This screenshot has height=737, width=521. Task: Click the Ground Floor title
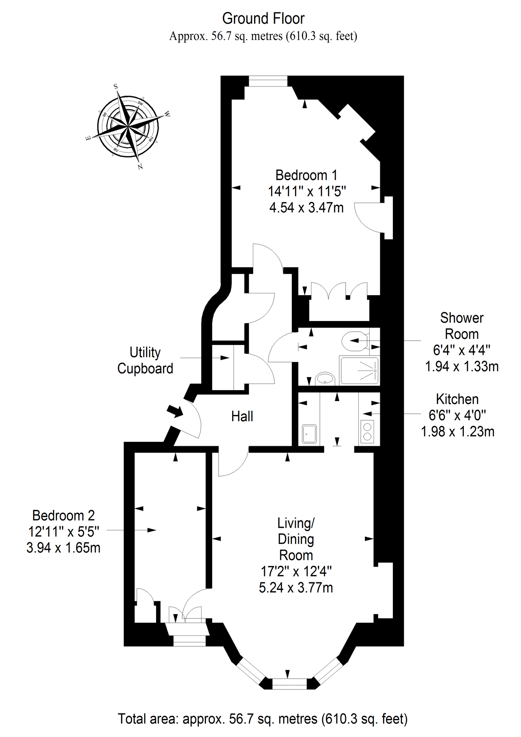(263, 18)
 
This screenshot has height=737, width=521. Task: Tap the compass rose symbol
(128, 127)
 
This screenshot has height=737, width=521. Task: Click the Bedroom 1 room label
(306, 175)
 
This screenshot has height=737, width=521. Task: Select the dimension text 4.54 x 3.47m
(306, 207)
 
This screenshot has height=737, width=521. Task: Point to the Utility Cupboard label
(145, 361)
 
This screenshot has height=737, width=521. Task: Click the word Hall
(242, 416)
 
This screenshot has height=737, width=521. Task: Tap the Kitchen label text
(457, 399)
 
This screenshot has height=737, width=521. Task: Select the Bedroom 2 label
(64, 516)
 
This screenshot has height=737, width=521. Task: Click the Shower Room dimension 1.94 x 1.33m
(462, 366)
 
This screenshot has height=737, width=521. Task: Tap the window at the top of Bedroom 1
(268, 81)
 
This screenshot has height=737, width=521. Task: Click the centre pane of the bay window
(290, 684)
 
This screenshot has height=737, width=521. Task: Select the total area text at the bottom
(263, 719)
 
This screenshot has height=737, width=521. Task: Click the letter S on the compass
(116, 87)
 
